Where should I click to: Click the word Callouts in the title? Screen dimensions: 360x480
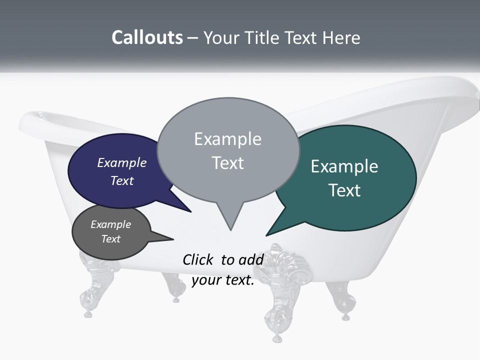tap(147, 37)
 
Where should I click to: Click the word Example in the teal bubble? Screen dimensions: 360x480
tap(344, 166)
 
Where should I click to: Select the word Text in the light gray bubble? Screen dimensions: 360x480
tap(228, 163)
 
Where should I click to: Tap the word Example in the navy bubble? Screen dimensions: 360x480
tap(122, 163)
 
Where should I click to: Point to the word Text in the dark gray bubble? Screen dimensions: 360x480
tap(111, 239)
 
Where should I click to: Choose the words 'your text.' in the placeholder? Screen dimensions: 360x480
tap(223, 280)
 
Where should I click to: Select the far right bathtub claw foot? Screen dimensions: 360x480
tap(342, 300)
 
